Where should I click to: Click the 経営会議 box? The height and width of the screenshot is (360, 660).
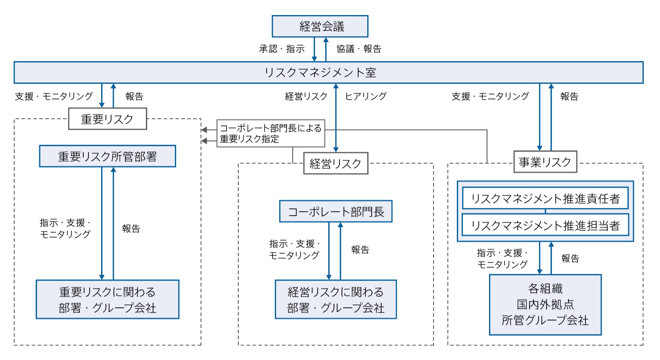tap(320, 26)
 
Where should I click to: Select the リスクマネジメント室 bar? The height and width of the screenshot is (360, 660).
tap(328, 73)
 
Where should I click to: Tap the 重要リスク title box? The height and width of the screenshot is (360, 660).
tap(107, 119)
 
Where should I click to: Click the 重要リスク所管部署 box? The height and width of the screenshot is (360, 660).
tap(107, 156)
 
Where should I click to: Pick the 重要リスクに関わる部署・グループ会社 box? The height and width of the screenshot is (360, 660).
tap(107, 299)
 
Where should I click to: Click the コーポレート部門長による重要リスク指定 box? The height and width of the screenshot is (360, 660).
tap(271, 133)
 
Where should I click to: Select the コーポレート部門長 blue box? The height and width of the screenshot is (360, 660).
tap(336, 212)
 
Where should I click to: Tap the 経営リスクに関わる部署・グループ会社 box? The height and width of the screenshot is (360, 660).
tap(336, 299)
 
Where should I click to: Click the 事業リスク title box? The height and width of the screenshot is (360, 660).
tap(545, 162)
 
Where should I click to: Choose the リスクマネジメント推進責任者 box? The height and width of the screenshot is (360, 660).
tap(545, 198)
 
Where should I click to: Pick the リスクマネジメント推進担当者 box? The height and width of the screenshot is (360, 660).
tap(545, 225)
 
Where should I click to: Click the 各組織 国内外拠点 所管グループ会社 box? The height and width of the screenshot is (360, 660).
tap(545, 304)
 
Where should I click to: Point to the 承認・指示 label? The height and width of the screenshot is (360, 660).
tap(282, 49)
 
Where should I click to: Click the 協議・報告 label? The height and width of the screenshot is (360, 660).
tap(359, 49)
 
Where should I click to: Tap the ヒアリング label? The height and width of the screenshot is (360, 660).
tap(366, 96)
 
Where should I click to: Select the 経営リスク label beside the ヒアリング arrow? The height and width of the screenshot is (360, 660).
tap(306, 96)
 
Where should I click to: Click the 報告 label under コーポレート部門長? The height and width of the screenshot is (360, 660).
tap(361, 250)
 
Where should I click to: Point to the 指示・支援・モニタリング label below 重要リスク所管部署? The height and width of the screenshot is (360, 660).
tap(65, 229)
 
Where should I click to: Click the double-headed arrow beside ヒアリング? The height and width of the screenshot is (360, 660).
tap(336, 117)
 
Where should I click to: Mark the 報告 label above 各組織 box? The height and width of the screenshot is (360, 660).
tap(570, 258)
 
